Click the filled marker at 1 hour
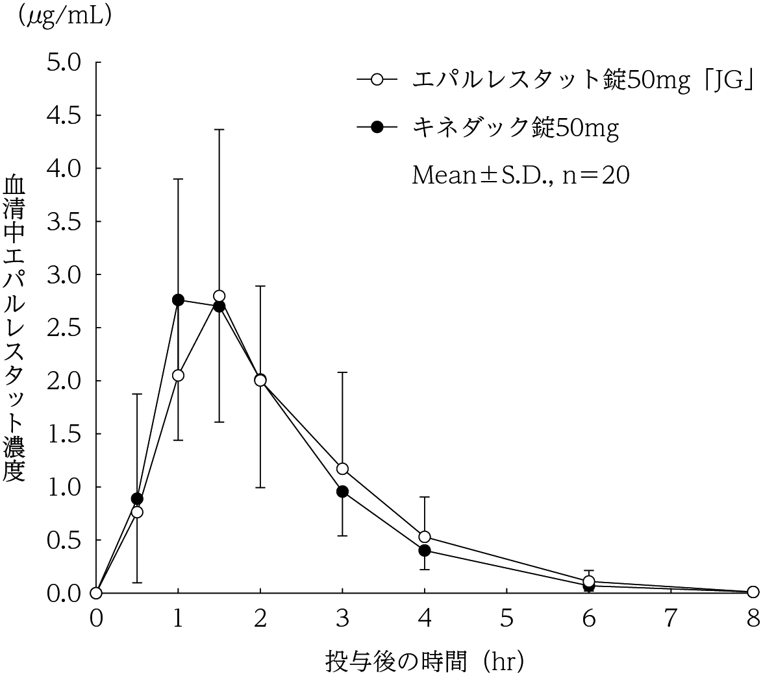click(178, 300)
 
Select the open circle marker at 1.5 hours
click(219, 296)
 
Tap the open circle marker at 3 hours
click(342, 468)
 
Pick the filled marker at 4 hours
click(425, 550)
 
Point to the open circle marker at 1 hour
click(178, 375)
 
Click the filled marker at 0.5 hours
click(137, 498)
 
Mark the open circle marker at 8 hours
click(753, 592)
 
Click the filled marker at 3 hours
click(342, 491)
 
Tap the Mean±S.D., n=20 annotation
click(520, 176)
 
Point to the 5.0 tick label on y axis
click(63, 63)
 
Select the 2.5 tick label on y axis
click(63, 328)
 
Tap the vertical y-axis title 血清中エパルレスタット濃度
click(14, 328)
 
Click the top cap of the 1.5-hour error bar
click(219, 130)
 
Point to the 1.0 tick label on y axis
click(63, 487)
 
